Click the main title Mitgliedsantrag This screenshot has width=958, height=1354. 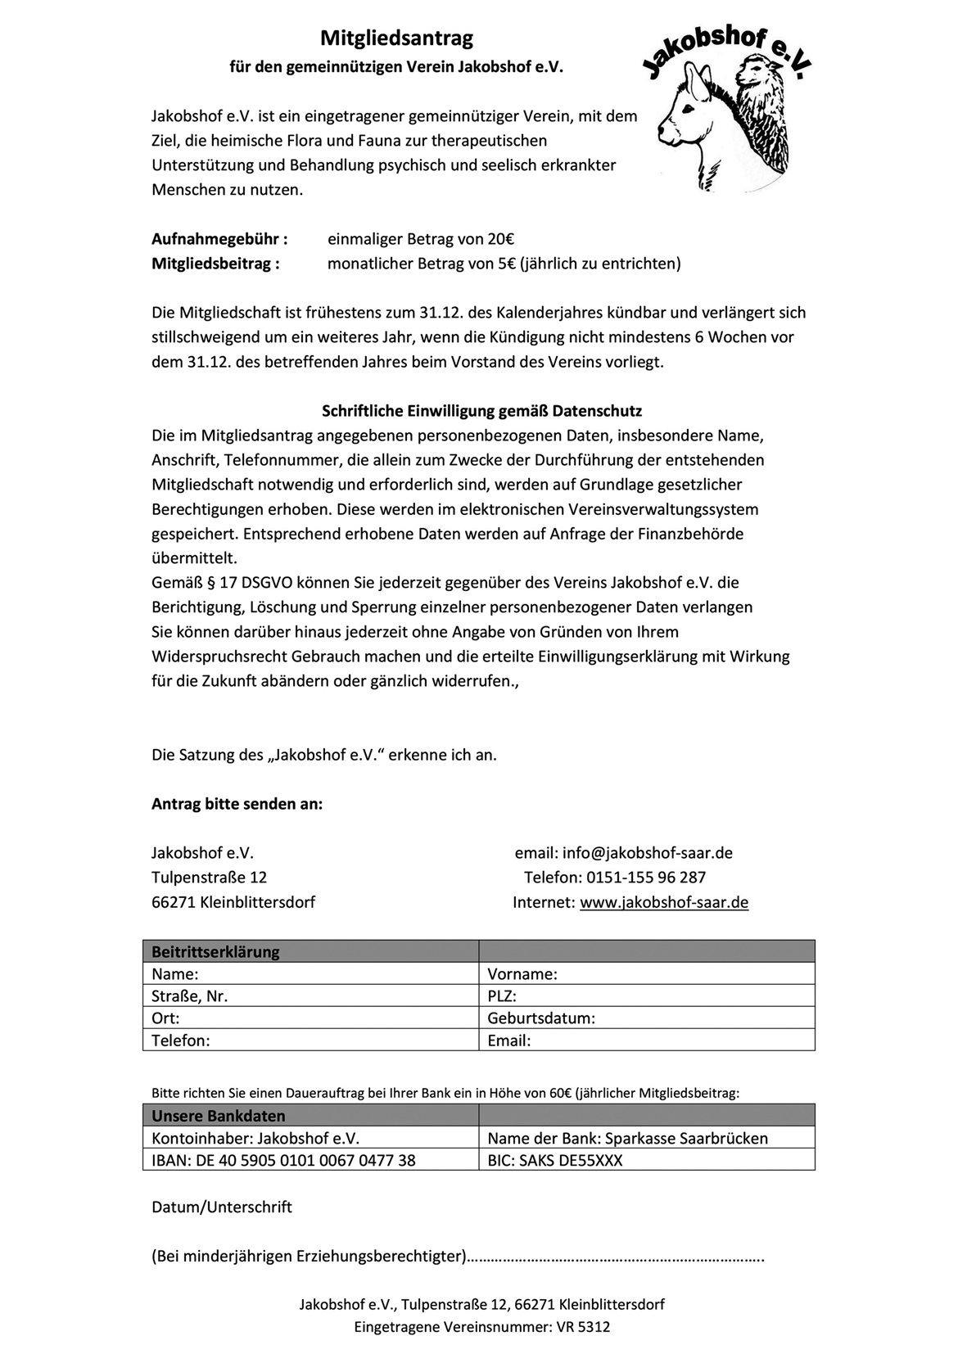click(x=396, y=38)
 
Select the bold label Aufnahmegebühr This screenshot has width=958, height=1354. click(x=219, y=239)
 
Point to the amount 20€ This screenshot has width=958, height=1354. click(x=500, y=239)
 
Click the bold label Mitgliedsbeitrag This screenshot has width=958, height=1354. click(x=215, y=264)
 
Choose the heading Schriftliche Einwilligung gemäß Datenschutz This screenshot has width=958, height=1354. click(x=481, y=411)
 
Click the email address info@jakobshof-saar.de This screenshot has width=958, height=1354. click(x=647, y=853)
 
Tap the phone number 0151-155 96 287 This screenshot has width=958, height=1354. click(x=646, y=878)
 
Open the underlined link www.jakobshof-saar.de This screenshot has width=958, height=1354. click(x=664, y=902)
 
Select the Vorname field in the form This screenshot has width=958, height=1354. click(x=647, y=973)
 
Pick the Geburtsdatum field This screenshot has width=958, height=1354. click(x=647, y=1018)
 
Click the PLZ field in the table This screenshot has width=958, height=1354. click(x=647, y=995)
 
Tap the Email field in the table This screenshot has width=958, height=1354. click(x=647, y=1040)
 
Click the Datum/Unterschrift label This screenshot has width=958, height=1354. click(x=222, y=1207)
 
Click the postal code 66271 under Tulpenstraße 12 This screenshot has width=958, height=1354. click(x=174, y=902)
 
